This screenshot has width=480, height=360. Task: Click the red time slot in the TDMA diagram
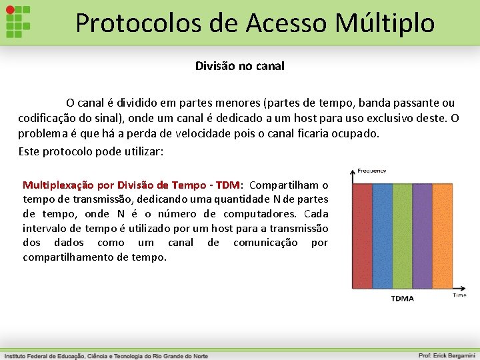point(362,235)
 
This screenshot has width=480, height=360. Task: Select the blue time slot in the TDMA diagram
point(383,235)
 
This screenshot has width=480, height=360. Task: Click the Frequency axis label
point(371,171)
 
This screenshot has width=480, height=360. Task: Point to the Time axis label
point(459,295)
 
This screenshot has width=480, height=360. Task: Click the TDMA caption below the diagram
point(402,299)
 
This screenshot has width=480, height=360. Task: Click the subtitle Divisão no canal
point(239,66)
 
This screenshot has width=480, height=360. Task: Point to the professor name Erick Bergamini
point(446,355)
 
